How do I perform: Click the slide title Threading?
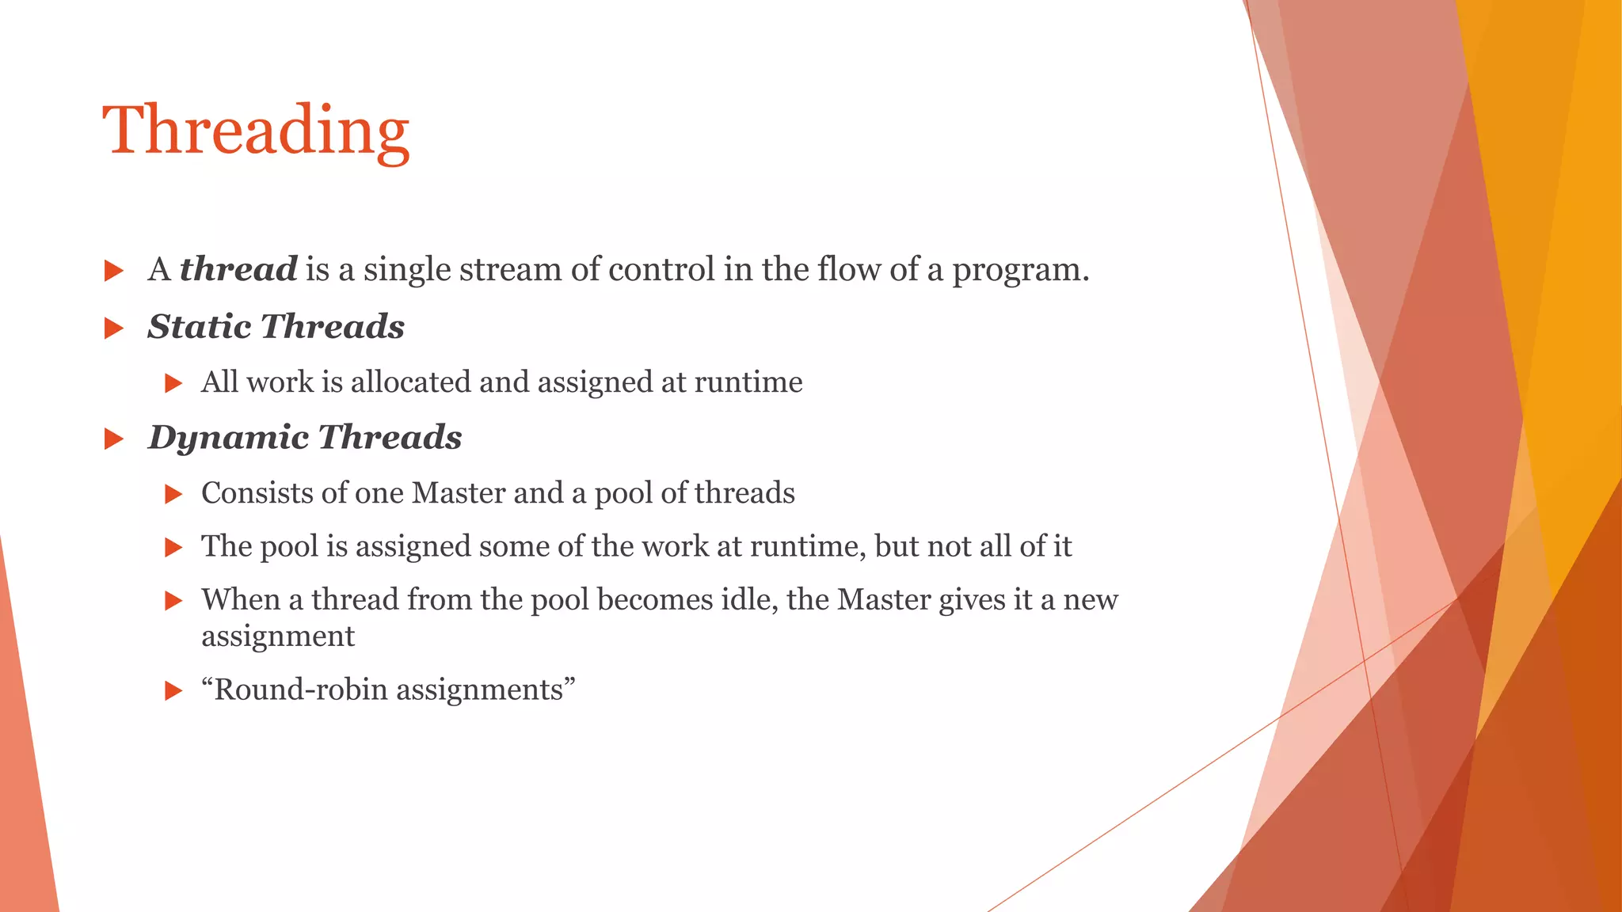tap(256, 131)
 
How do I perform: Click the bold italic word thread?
tap(238, 269)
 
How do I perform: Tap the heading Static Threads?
tap(276, 326)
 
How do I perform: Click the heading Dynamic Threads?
tap(305, 437)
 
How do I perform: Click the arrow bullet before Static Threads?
tap(114, 328)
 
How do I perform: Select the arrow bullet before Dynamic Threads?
tap(114, 439)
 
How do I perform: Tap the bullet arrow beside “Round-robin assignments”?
tap(173, 691)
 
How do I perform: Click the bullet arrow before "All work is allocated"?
tap(173, 384)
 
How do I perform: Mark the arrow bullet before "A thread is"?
tap(114, 272)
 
